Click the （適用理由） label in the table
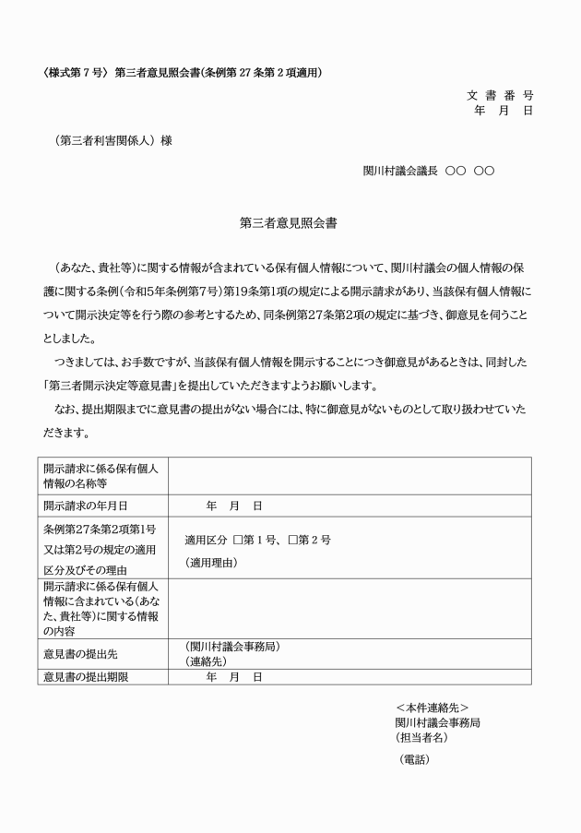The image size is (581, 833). [x=211, y=563]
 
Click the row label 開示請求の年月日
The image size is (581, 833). [x=85, y=506]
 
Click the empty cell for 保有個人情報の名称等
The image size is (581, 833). [x=350, y=476]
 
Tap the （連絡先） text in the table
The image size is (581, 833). [x=206, y=661]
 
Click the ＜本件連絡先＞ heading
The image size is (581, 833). [x=432, y=708]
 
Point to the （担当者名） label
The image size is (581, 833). [x=421, y=738]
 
